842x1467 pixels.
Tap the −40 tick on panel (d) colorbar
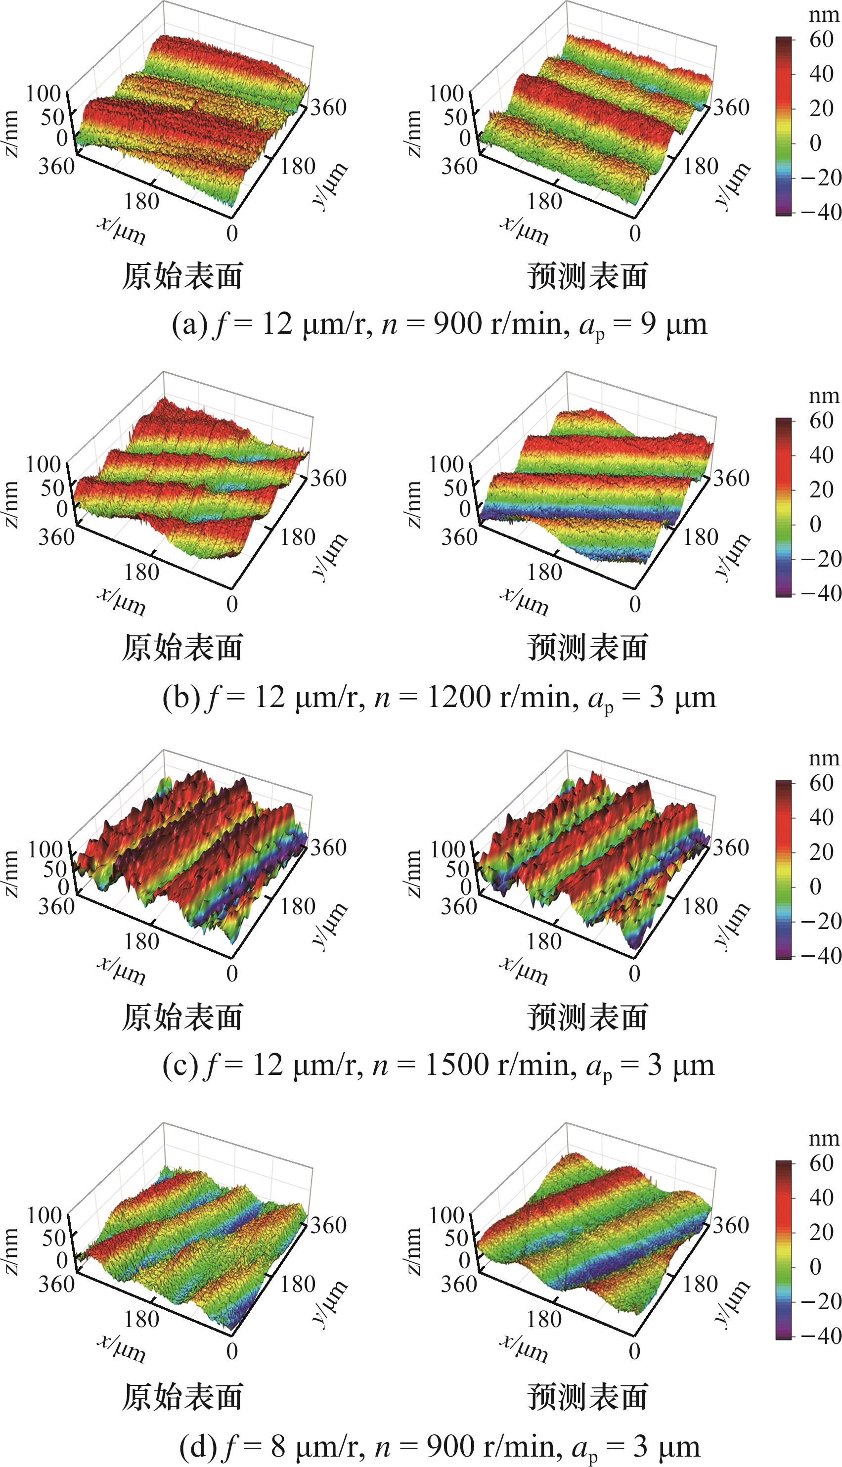pos(821,1336)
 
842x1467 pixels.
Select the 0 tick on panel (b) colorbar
pos(815,524)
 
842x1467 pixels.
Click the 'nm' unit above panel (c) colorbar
pos(824,757)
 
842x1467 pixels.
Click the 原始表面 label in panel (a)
pos(182,276)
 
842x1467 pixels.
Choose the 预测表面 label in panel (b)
pos(587,647)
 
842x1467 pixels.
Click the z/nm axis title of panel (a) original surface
pos(11,133)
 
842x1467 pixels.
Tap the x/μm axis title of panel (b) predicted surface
pos(524,602)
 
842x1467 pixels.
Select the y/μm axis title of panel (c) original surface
pos(329,925)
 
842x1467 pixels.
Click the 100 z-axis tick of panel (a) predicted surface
pos(446,93)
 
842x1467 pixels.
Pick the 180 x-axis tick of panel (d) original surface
pos(142,1319)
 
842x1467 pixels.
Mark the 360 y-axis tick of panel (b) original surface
pos(328,478)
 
